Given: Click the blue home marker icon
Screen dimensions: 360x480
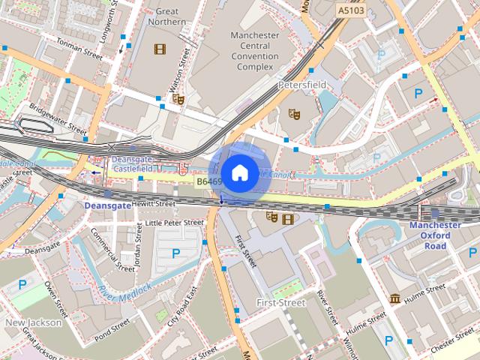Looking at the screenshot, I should click(x=238, y=172).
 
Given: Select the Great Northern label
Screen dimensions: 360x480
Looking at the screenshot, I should click(x=167, y=16).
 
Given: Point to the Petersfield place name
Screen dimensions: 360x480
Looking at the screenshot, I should click(x=301, y=85).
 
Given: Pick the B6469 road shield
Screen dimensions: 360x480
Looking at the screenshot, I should click(x=209, y=181).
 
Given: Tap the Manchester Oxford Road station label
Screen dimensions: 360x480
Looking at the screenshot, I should click(x=435, y=235).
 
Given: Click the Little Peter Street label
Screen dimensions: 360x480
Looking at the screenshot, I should click(x=174, y=223).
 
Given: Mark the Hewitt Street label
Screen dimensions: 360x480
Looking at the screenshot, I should click(x=154, y=203).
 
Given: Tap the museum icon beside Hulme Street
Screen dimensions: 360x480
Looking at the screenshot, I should click(x=394, y=299).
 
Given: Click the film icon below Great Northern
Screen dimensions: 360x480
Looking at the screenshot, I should click(x=159, y=49).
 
